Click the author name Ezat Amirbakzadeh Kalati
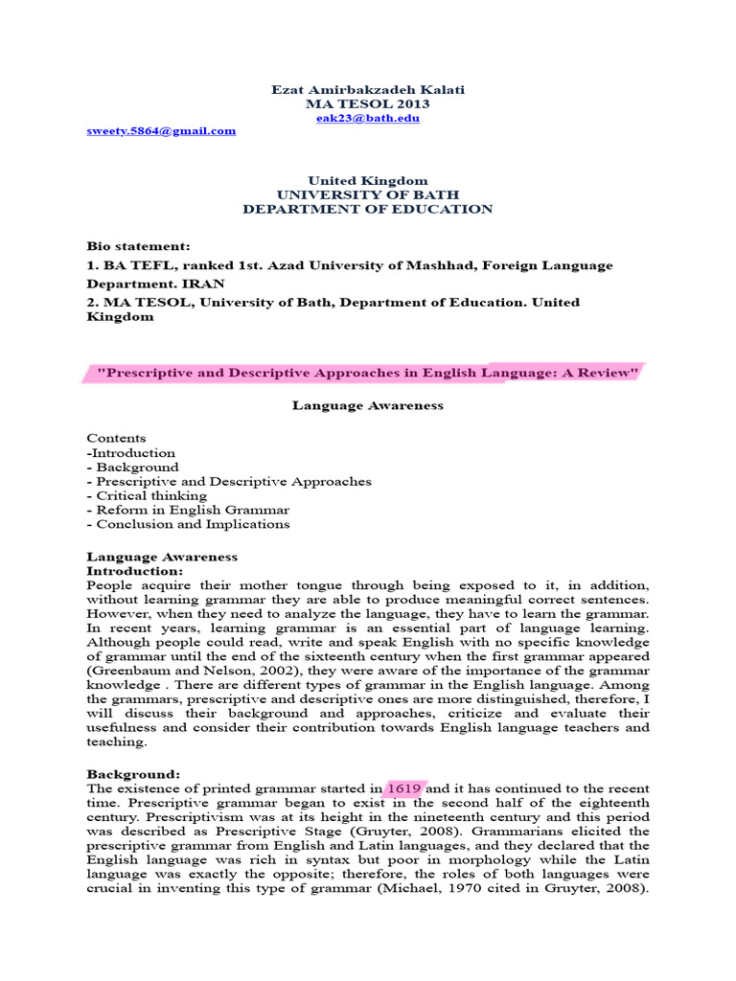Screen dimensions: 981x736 pos(368,89)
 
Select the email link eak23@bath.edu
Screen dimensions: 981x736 pos(368,118)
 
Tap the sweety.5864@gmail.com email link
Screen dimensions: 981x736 pos(161,131)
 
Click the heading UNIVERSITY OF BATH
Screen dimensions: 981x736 pos(368,194)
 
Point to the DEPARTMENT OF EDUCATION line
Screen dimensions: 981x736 pos(368,209)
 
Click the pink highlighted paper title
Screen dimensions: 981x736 pos(368,372)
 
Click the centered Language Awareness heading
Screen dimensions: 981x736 pos(368,405)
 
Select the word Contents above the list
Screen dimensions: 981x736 pos(116,439)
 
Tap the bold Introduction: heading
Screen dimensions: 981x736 pos(135,571)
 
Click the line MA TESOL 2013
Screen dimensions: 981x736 pos(368,103)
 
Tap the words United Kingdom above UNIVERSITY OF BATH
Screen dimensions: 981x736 pos(368,180)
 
